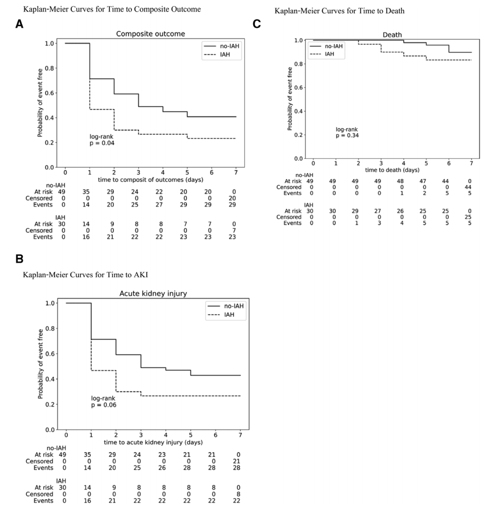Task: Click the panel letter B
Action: [19, 258]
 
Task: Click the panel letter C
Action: [256, 23]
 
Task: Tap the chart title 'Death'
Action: [392, 34]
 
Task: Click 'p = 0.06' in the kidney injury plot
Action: [104, 405]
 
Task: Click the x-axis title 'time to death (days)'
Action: [392, 170]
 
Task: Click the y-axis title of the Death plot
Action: [291, 99]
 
